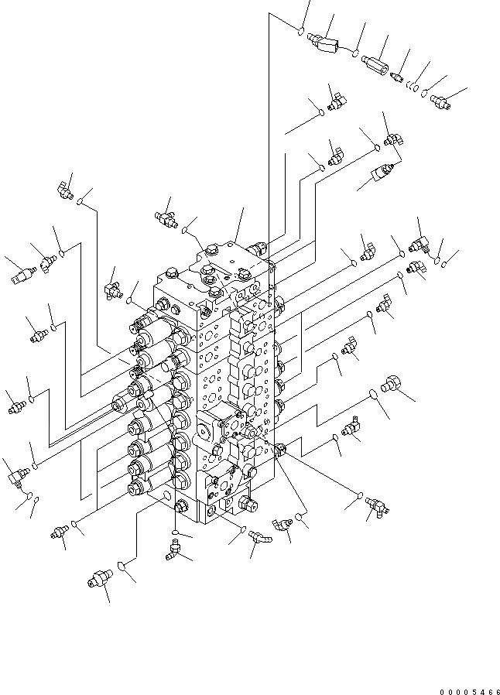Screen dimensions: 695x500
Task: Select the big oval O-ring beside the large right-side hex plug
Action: pyautogui.click(x=373, y=394)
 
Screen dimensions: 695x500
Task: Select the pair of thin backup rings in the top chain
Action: pyautogui.click(x=416, y=87)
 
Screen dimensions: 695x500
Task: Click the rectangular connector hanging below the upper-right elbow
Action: pyautogui.click(x=384, y=172)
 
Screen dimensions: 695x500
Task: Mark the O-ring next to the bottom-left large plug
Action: pyautogui.click(x=122, y=570)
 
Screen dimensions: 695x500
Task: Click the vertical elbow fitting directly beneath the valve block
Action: pyautogui.click(x=173, y=550)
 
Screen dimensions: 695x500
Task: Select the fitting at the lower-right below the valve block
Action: pyautogui.click(x=377, y=505)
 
